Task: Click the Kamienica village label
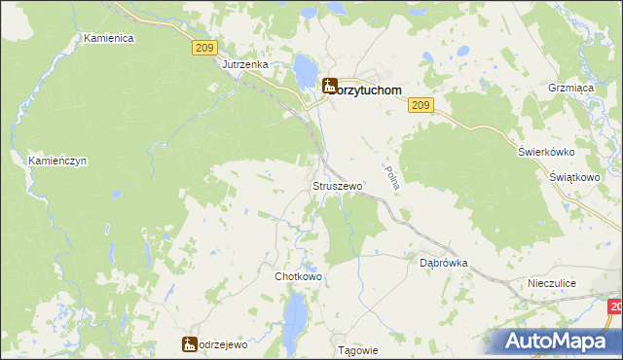tap(108, 38)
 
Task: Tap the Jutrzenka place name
tap(244, 65)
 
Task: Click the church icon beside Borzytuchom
tap(330, 87)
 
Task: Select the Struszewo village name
tap(337, 185)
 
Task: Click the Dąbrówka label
tap(444, 263)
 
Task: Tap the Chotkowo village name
tap(298, 276)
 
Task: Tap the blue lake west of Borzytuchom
tap(305, 69)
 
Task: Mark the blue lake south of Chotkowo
tap(294, 312)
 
